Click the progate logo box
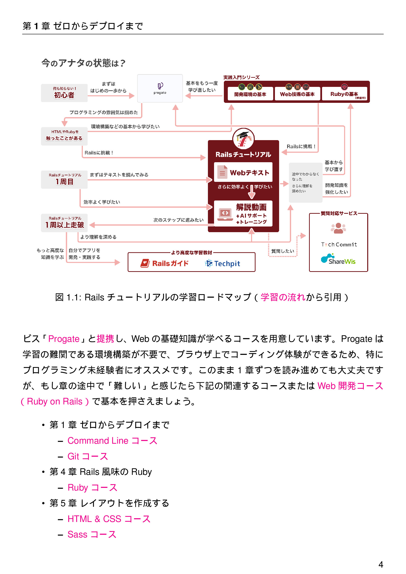[160, 88]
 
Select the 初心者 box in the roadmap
[64, 93]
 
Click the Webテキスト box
[243, 172]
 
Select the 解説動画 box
[243, 214]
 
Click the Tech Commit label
[339, 244]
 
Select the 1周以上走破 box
[64, 223]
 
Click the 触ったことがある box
[64, 136]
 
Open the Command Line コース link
[112, 441]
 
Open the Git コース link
[87, 456]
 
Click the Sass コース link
[92, 534]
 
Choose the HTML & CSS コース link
[109, 519]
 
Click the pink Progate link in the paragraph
[64, 339]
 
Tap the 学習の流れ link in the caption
[283, 297]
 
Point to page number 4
[380, 564]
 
